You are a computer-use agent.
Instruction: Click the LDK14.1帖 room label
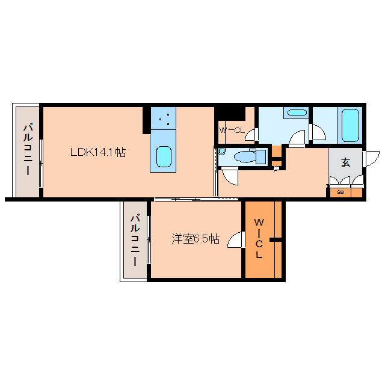(x=98, y=152)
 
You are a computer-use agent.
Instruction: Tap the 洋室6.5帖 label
(x=195, y=239)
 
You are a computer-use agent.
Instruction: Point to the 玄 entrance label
(x=345, y=162)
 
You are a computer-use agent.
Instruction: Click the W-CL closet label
(x=232, y=130)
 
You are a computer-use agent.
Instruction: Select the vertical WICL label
(x=259, y=238)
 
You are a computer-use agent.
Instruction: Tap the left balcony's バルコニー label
(x=28, y=150)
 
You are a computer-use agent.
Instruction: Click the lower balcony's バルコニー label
(x=135, y=240)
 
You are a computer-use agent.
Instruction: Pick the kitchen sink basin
(x=164, y=156)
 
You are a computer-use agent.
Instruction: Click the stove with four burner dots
(x=163, y=119)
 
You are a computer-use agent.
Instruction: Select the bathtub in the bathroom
(x=350, y=125)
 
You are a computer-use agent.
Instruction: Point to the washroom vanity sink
(x=297, y=112)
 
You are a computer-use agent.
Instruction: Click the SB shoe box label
(x=340, y=192)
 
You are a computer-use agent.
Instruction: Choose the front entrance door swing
(x=371, y=159)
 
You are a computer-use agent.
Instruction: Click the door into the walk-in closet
(x=236, y=239)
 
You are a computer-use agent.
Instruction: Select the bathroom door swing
(x=318, y=132)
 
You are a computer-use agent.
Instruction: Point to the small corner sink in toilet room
(x=222, y=151)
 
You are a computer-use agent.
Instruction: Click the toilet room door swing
(x=230, y=175)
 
